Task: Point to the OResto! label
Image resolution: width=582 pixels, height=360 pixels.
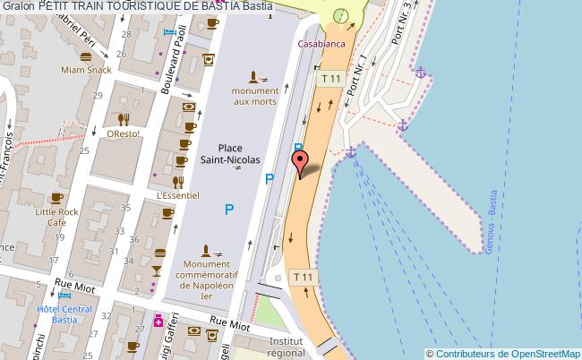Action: (123, 134)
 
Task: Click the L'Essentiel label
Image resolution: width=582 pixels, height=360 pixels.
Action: (177, 193)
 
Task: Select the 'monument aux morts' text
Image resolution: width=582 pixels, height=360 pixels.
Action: (255, 96)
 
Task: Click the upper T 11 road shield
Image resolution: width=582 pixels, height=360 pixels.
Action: (330, 80)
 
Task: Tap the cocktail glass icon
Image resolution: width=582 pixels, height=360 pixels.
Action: (156, 270)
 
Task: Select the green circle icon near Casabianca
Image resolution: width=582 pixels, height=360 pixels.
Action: (340, 16)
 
